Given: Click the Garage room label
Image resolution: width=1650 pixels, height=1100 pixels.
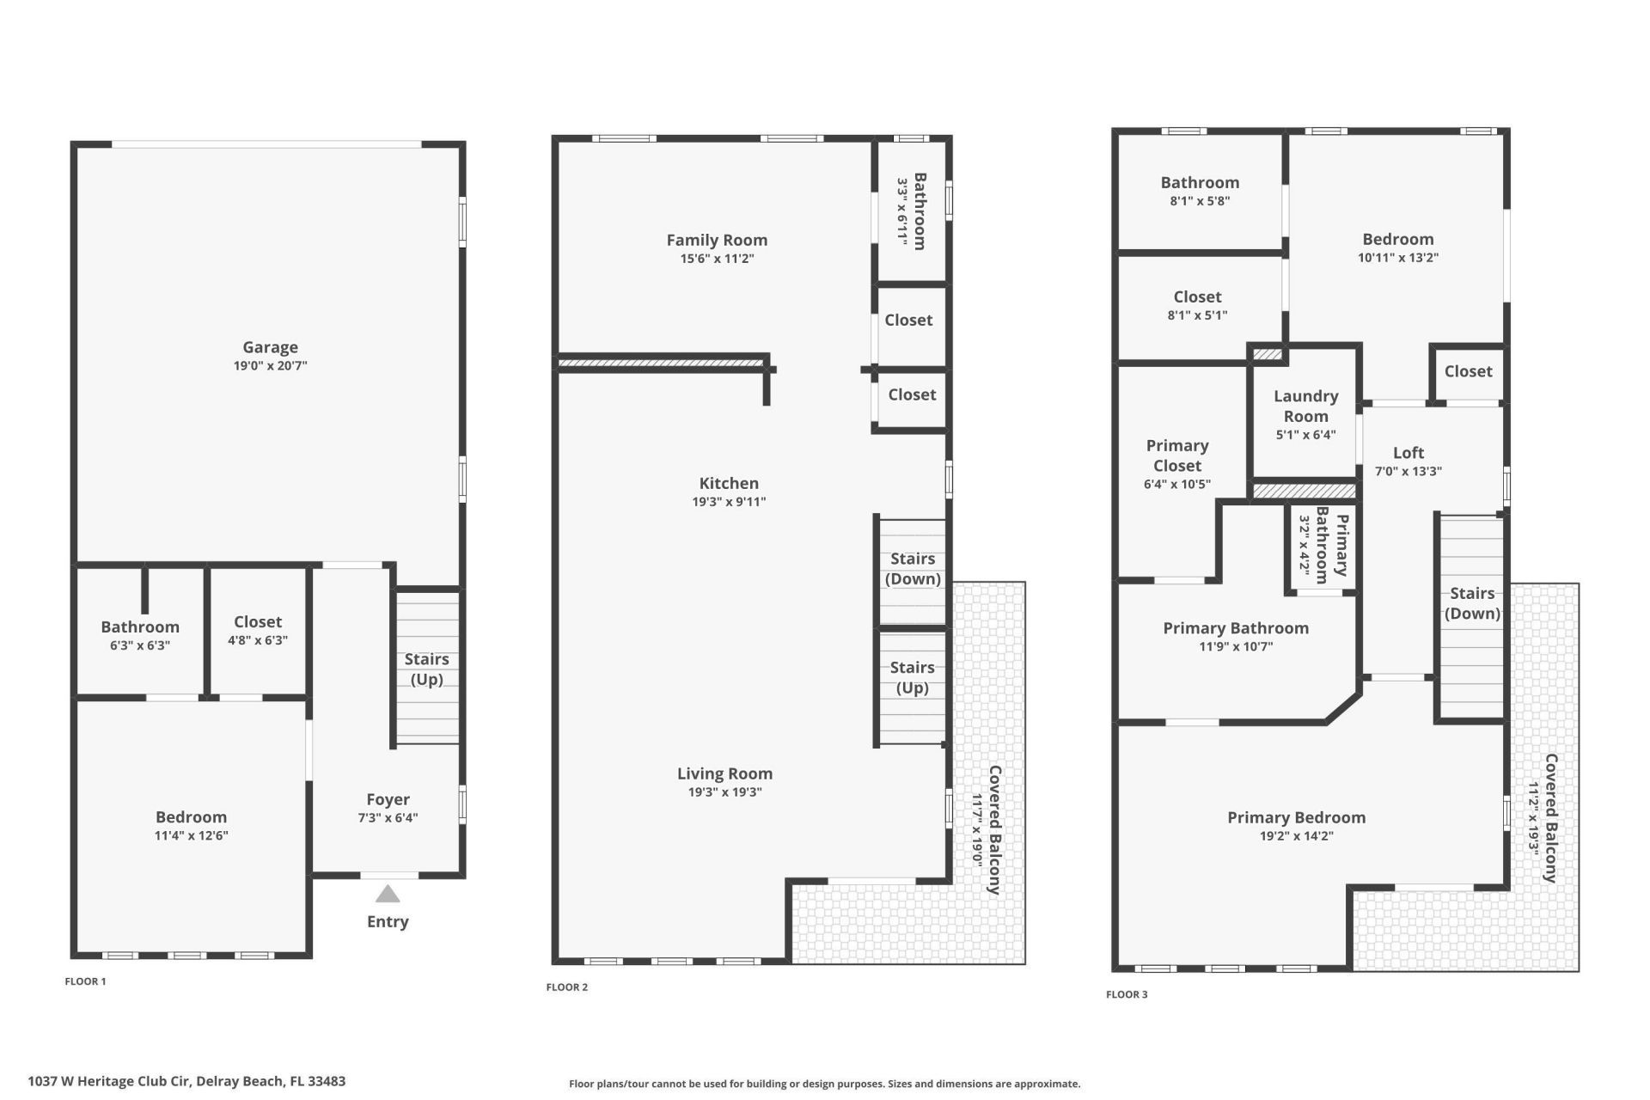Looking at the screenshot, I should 270,347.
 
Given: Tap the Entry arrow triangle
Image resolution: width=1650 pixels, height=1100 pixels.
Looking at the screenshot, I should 388,895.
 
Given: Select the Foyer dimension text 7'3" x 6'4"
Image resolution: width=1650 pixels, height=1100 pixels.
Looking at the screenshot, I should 388,818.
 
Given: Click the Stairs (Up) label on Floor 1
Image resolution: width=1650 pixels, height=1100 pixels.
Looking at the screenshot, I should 426,669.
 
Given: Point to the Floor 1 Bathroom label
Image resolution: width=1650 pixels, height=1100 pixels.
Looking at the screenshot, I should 140,626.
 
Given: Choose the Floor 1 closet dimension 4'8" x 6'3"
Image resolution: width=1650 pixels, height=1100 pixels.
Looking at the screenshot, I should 258,640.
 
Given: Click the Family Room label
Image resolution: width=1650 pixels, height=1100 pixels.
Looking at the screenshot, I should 717,240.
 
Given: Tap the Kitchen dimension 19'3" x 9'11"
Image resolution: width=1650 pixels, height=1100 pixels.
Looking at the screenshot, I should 729,502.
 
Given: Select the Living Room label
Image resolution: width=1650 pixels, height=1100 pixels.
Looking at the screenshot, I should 724,773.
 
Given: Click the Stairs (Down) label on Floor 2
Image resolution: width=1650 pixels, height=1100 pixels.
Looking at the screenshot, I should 912,568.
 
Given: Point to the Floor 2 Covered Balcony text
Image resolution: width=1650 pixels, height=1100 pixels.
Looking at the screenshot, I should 994,830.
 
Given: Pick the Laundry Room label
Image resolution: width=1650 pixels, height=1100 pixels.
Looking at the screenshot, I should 1305,406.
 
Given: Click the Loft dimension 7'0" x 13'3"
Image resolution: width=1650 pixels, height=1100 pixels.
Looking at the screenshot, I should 1408,471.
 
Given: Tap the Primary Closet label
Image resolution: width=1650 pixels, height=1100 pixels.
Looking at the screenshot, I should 1177,455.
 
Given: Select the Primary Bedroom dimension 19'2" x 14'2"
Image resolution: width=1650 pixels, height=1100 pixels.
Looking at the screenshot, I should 1296,836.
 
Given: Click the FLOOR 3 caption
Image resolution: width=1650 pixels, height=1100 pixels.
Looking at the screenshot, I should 1127,994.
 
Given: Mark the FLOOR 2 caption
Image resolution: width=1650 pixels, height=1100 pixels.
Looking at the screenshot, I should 567,987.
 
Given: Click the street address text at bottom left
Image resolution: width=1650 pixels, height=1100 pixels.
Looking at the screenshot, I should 186,1081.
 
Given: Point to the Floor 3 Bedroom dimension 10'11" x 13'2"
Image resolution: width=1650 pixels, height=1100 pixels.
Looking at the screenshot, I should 1397,258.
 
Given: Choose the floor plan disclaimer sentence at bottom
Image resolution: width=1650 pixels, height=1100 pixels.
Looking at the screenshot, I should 824,1084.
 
